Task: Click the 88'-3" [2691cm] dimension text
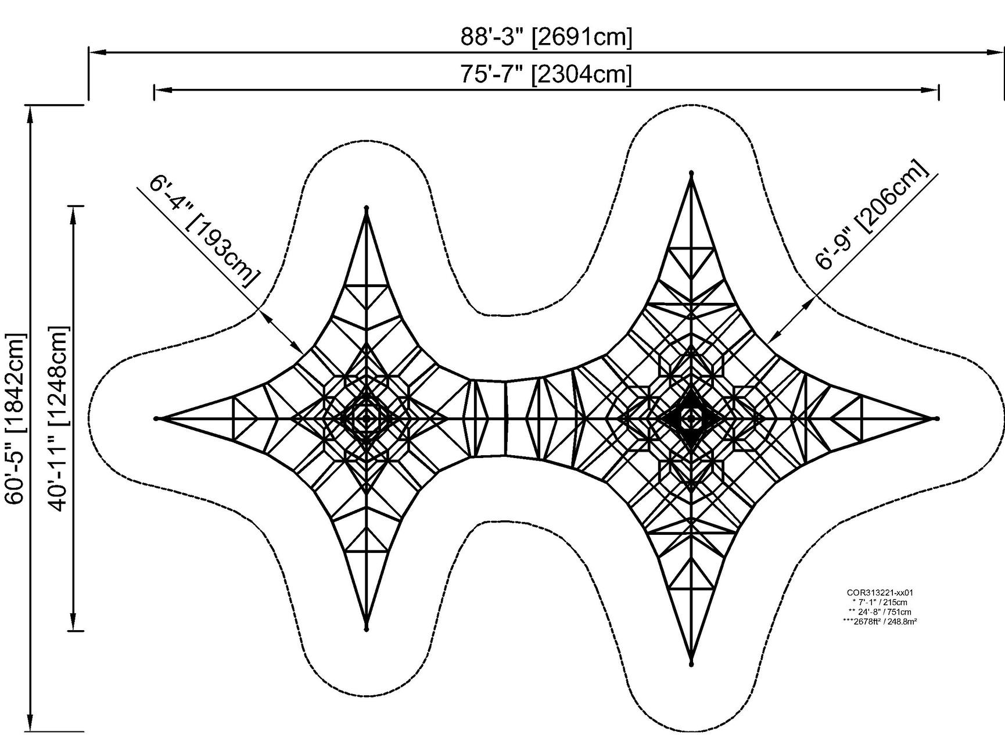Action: coord(546,37)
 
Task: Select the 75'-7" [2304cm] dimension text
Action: coord(546,74)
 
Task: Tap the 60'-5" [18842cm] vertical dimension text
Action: coord(16,419)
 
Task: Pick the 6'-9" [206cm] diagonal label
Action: coord(871,215)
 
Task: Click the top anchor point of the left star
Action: coord(367,208)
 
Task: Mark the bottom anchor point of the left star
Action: coord(367,629)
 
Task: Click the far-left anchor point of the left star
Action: coord(156,418)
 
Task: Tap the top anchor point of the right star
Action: coord(691,173)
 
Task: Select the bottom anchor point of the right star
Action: coord(691,664)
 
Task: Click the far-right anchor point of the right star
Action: coord(936,418)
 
